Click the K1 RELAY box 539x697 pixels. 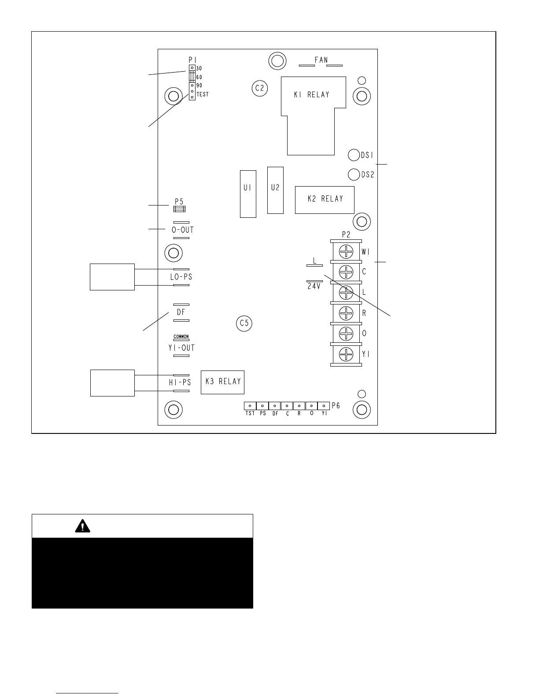[313, 95]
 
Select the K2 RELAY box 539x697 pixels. [325, 199]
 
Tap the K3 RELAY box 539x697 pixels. [222, 382]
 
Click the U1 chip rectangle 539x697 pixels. [248, 194]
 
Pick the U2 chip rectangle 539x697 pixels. [275, 190]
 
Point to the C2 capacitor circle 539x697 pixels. [260, 88]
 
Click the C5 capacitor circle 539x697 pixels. [244, 323]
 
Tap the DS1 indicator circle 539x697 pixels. [354, 155]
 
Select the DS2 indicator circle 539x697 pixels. [354, 174]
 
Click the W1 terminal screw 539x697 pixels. [347, 252]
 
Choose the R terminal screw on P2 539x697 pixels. [347, 313]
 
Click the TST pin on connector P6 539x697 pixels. [250, 406]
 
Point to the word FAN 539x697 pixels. [321, 60]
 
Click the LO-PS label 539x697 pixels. [181, 277]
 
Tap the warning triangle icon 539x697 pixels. [82, 526]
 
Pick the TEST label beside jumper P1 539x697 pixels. [203, 95]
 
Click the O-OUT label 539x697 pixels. [182, 230]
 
